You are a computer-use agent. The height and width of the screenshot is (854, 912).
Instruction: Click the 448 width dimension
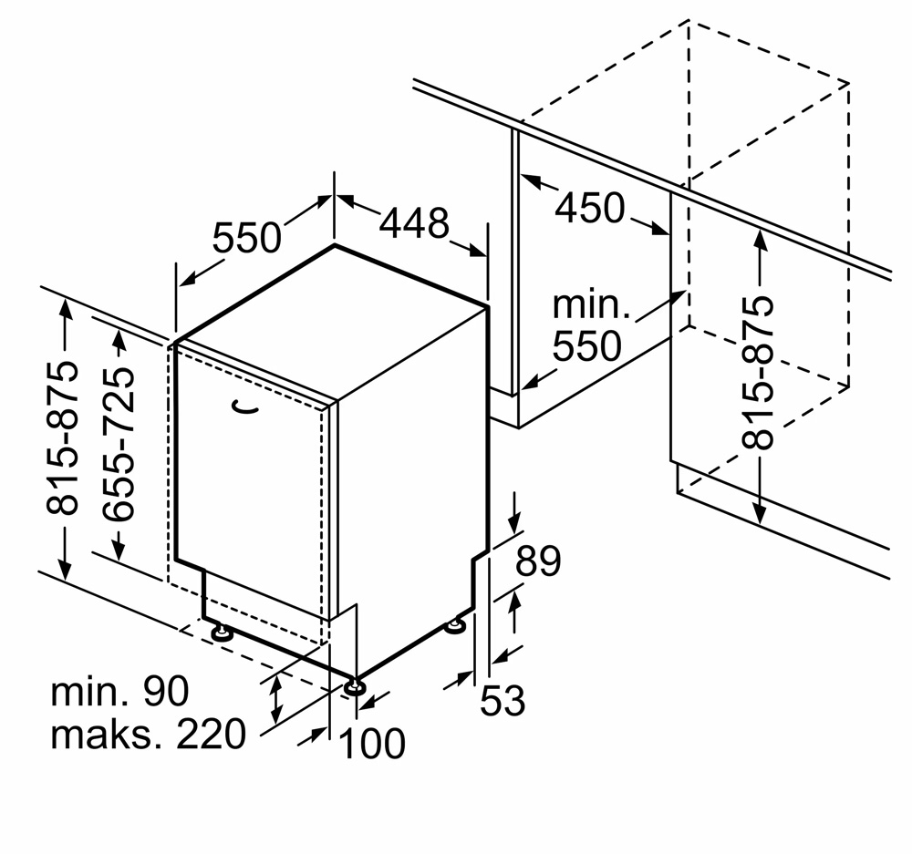click(x=414, y=222)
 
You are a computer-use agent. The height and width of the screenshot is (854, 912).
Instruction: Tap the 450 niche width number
click(x=590, y=208)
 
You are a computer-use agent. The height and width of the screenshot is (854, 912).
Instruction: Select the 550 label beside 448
click(x=246, y=237)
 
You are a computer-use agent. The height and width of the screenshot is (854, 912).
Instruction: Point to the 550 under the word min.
click(x=586, y=346)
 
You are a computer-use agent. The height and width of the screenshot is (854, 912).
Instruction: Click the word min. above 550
click(x=591, y=304)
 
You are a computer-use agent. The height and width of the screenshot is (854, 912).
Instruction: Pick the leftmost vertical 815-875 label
click(x=62, y=439)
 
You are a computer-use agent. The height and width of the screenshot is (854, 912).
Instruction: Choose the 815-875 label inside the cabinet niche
click(x=757, y=373)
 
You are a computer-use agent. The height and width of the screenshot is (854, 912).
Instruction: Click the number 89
click(x=539, y=561)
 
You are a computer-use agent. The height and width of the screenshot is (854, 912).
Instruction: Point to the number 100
click(x=371, y=743)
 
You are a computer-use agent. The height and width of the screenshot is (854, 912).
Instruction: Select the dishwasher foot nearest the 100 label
click(x=354, y=687)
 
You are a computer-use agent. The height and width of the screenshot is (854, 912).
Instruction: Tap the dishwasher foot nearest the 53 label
click(x=455, y=626)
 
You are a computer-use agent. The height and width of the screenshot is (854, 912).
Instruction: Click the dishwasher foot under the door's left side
click(x=221, y=632)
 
